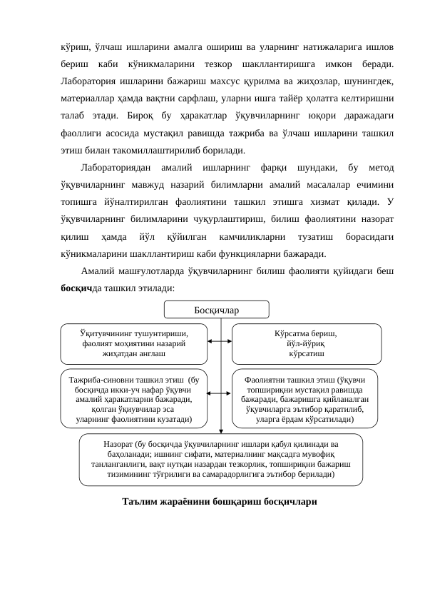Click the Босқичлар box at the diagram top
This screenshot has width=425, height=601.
(217, 310)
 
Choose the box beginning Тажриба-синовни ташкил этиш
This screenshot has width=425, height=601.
(133, 396)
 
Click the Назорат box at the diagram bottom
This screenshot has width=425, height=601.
(220, 459)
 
